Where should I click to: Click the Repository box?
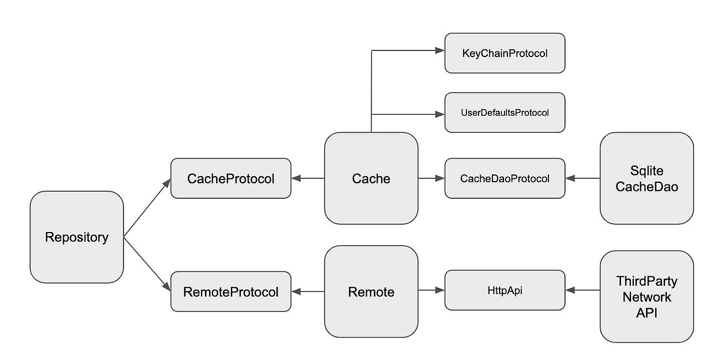(76, 237)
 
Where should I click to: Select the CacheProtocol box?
(231, 178)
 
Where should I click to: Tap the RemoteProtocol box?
(231, 291)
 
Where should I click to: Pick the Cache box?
(371, 178)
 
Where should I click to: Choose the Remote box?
(371, 291)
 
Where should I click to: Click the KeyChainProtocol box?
(505, 53)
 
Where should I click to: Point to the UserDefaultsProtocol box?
(505, 112)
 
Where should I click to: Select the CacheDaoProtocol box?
(505, 178)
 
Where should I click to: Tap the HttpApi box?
(505, 290)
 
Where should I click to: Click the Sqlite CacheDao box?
(646, 178)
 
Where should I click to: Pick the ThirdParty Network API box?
(646, 296)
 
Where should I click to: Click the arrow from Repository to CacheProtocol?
(147, 208)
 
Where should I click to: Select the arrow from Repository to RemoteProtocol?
(147, 264)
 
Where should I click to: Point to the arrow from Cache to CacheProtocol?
(307, 178)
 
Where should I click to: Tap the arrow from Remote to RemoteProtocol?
(307, 291)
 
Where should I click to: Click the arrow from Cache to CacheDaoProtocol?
(431, 178)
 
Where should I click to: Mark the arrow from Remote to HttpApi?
(431, 290)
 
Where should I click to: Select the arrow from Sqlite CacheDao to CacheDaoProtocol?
(583, 178)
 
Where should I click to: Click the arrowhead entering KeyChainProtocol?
(440, 50)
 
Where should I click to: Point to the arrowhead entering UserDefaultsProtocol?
(440, 114)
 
